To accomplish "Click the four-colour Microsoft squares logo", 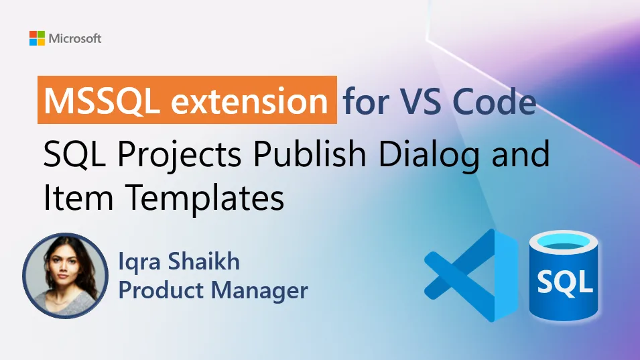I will pos(37,38).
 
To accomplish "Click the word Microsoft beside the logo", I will pos(74,38).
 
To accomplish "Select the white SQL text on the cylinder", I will pos(564,282).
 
